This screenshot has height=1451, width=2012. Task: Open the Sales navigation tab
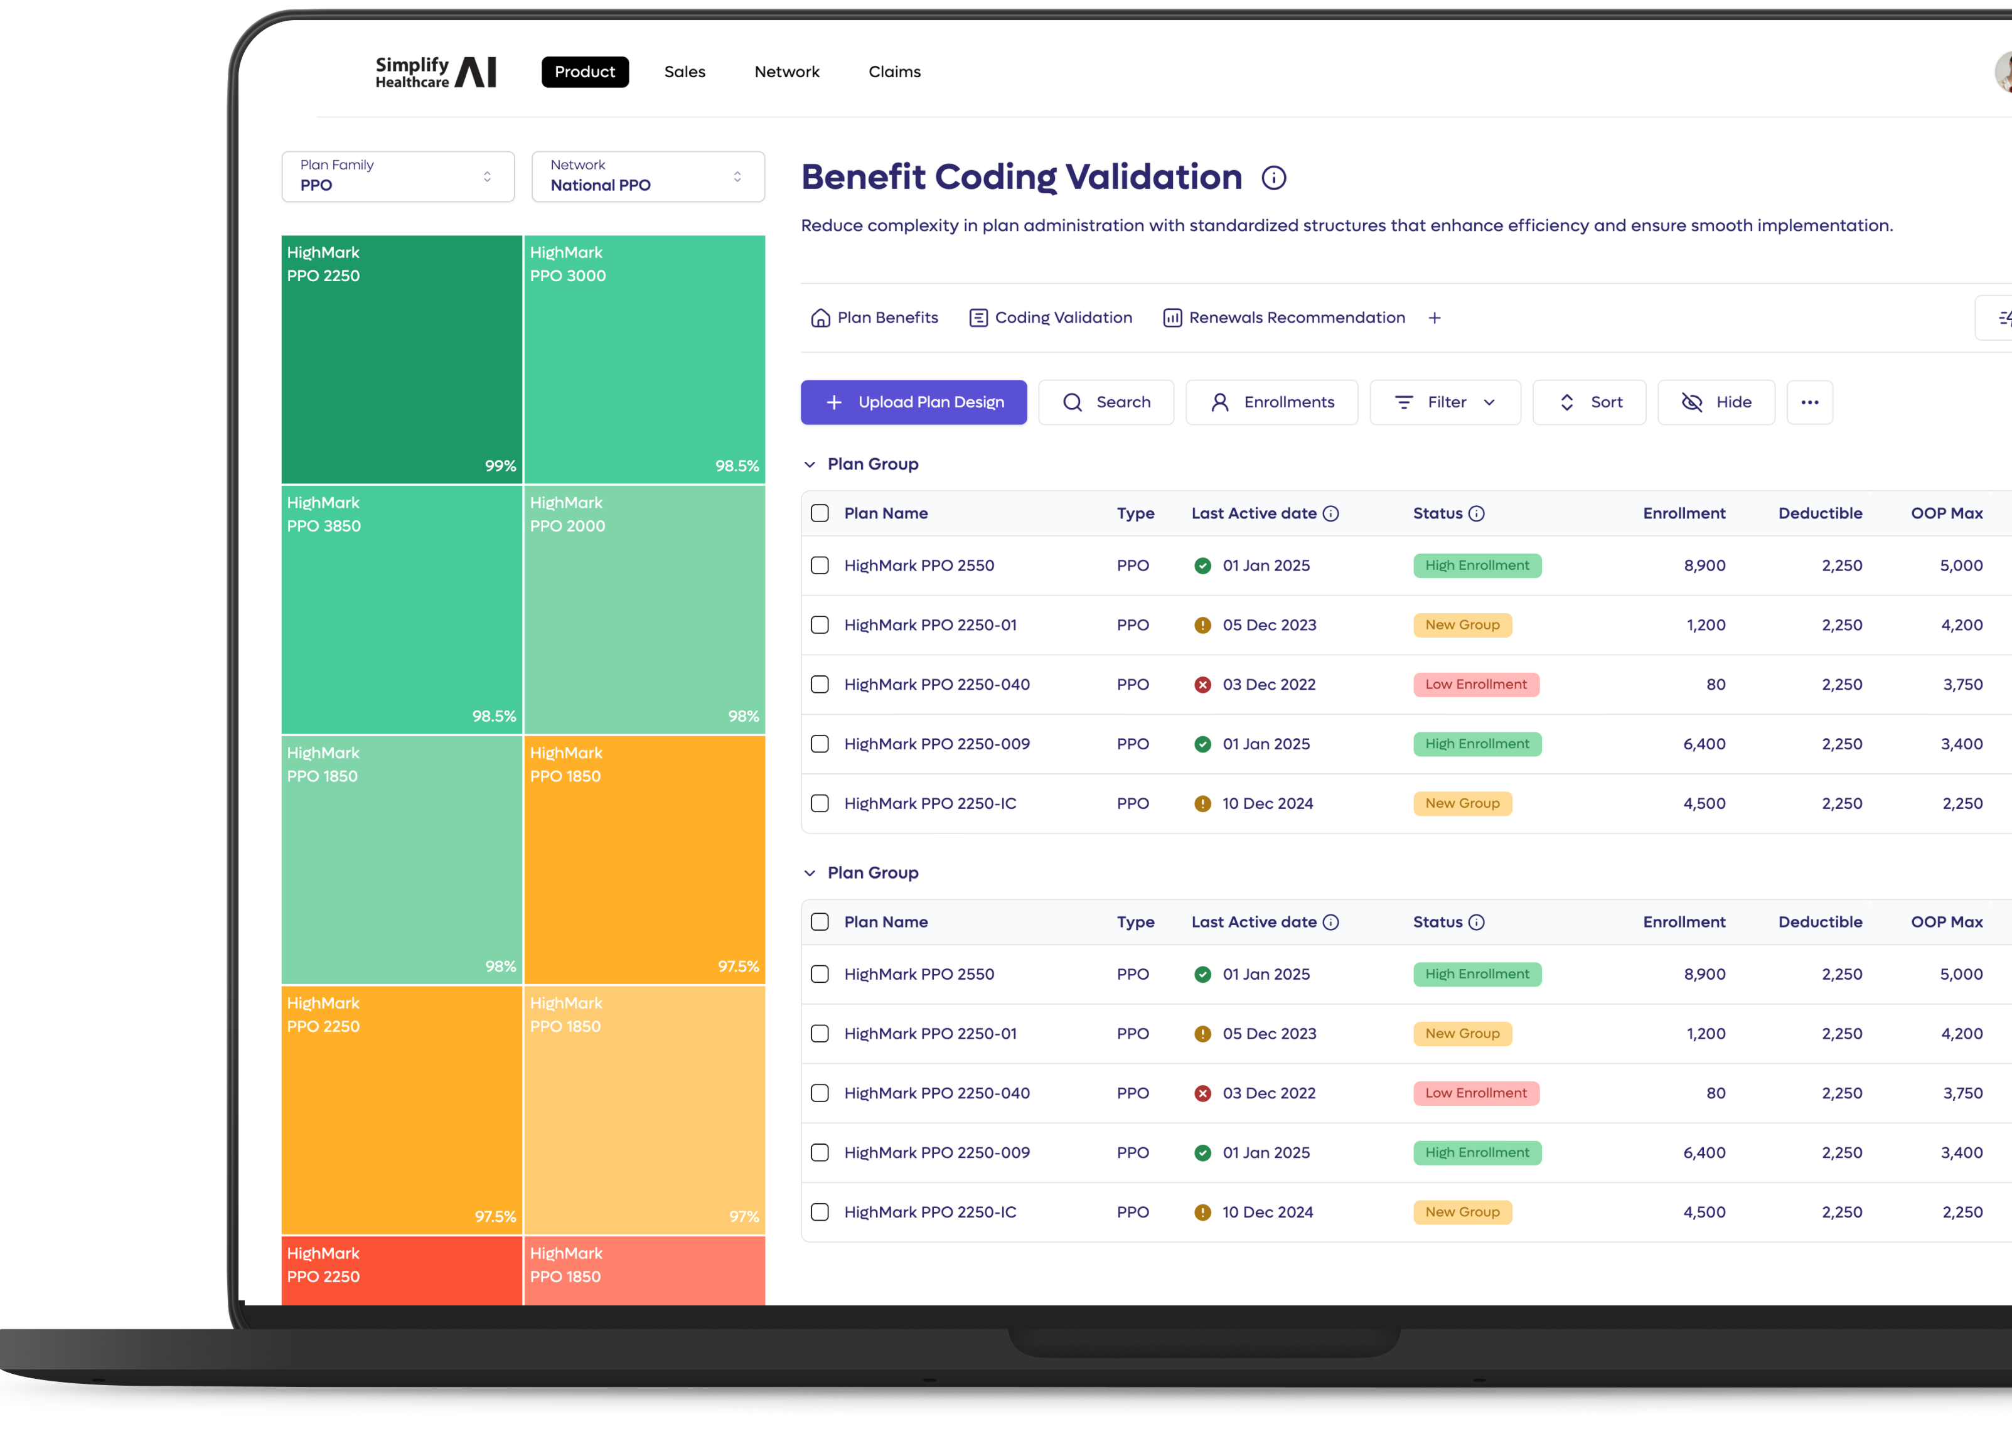pos(684,72)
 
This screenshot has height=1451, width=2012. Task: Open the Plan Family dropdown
pos(397,176)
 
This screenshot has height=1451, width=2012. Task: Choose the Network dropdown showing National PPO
pos(648,176)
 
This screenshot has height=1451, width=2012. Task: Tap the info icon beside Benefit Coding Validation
pos(1273,178)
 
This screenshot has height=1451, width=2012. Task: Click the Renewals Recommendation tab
pos(1283,318)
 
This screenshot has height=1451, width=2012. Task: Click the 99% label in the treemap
pos(500,466)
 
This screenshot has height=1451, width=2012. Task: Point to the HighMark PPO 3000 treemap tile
pos(644,359)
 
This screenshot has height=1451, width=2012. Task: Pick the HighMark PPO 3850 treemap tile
pos(401,609)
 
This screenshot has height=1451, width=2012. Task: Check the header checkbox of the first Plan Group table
pos(820,513)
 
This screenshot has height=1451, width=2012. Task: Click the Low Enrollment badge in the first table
pos(1475,685)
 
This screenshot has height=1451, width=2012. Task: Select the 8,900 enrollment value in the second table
pos(1703,974)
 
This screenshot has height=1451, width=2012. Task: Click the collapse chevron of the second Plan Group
pos(809,873)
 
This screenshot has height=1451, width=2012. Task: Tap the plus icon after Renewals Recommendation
pos(1433,318)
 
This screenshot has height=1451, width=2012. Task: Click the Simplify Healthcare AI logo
pos(435,72)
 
